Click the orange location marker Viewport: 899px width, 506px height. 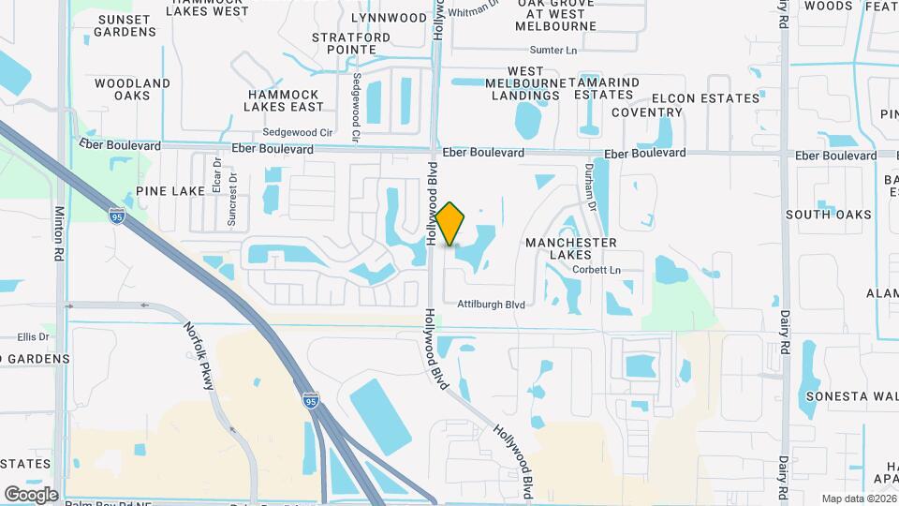450,224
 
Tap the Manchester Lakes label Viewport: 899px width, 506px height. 570,248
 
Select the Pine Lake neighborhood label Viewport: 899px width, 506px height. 169,191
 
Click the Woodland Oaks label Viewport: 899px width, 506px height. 132,89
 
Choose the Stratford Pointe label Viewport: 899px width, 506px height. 351,44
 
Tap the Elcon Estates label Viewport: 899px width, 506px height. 705,98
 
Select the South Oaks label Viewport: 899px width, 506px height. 828,215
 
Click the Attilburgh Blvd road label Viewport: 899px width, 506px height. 491,305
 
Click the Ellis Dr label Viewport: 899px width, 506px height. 33,336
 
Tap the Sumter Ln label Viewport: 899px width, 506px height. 553,50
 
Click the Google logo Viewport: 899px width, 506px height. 31,494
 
